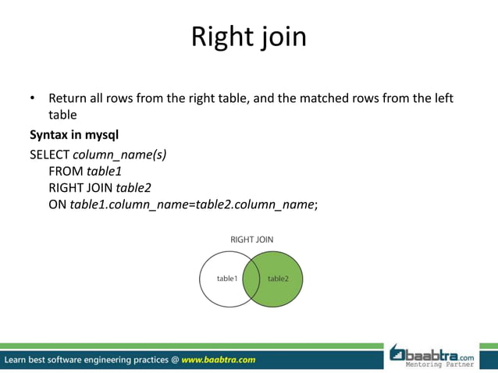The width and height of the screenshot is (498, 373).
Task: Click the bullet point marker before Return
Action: (x=33, y=99)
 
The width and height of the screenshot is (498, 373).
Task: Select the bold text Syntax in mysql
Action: (x=73, y=134)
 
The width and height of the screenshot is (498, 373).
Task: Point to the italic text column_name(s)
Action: (x=119, y=154)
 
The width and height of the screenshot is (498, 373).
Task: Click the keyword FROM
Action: (x=66, y=171)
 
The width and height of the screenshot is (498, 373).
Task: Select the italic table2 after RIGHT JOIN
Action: (x=133, y=188)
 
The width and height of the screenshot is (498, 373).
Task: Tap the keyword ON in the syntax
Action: (x=57, y=205)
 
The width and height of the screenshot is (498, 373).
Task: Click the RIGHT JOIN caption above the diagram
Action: (x=251, y=240)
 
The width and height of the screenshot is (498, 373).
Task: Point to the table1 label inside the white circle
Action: (x=227, y=278)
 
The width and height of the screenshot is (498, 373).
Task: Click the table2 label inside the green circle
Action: (x=278, y=278)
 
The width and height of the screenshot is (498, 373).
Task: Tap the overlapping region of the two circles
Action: (x=251, y=279)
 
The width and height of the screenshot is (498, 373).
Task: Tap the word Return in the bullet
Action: (x=68, y=99)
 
